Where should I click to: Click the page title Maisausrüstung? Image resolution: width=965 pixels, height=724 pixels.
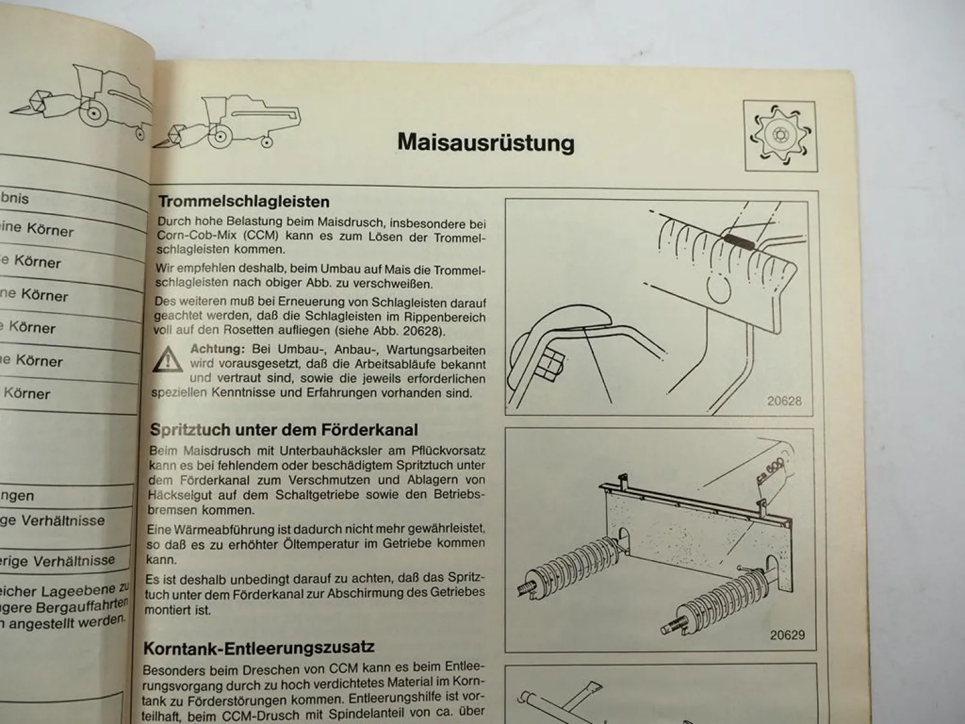coord(486,142)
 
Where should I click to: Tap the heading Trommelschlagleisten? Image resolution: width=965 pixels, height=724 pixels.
coord(244,201)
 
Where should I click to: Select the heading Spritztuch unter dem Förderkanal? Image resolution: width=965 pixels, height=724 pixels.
coord(284,430)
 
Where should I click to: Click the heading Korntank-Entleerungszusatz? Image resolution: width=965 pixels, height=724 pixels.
coord(259,647)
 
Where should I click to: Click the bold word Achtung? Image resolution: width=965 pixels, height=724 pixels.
coord(217,349)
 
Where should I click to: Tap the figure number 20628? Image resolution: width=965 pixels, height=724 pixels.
coord(784,401)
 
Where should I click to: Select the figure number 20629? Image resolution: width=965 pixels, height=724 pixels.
coord(787,635)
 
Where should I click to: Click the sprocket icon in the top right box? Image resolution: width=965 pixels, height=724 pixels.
coord(780,136)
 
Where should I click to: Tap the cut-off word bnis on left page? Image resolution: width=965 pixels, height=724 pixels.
coord(14,198)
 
